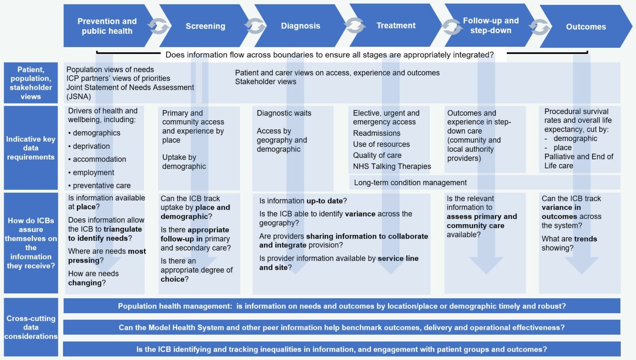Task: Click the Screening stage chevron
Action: pyautogui.click(x=205, y=26)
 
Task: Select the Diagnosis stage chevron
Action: pyautogui.click(x=301, y=26)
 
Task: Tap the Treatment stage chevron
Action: pyautogui.click(x=396, y=26)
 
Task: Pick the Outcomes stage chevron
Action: pyautogui.click(x=585, y=27)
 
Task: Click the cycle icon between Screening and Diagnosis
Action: pyautogui.click(x=255, y=26)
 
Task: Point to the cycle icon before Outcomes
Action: pyautogui.click(x=540, y=27)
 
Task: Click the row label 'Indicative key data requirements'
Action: pyautogui.click(x=31, y=148)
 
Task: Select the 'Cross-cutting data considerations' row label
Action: pyautogui.click(x=31, y=327)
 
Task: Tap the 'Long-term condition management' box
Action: pyautogui.click(x=410, y=183)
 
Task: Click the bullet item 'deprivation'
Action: pyautogui.click(x=91, y=146)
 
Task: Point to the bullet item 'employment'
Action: pyautogui.click(x=93, y=172)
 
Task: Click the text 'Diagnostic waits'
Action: pyautogui.click(x=284, y=113)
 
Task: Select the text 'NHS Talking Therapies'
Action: pyautogui.click(x=392, y=167)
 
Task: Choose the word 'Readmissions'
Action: pyautogui.click(x=376, y=133)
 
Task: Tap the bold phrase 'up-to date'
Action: pyautogui.click(x=324, y=201)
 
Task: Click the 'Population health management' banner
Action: pyautogui.click(x=342, y=306)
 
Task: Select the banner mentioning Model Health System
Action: pyautogui.click(x=342, y=328)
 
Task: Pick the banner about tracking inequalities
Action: pyautogui.click(x=342, y=349)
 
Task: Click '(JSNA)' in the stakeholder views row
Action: pyautogui.click(x=79, y=97)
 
